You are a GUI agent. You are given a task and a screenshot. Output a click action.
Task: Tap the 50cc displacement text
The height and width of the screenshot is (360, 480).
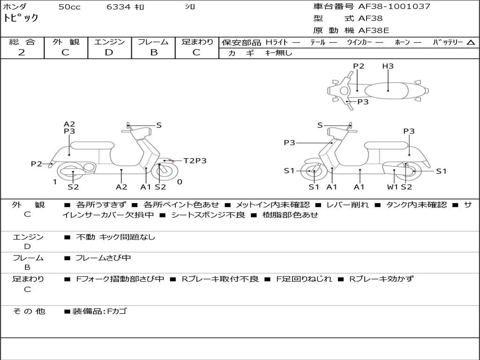(x=69, y=7)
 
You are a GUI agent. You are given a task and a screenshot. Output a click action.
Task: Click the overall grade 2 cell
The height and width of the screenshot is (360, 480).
(x=22, y=52)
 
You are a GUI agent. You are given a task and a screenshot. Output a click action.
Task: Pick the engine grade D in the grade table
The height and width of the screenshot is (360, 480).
(x=109, y=52)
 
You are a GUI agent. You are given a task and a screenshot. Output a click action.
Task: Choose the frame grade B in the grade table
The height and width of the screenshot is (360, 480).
(x=153, y=52)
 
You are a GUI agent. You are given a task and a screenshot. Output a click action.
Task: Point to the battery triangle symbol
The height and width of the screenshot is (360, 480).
(x=471, y=43)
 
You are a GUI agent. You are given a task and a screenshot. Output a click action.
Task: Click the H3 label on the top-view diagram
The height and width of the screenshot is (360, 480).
(x=388, y=66)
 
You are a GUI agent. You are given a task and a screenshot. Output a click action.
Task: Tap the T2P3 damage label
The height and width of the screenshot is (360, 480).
(x=195, y=161)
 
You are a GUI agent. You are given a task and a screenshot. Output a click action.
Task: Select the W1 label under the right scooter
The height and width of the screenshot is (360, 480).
(x=392, y=187)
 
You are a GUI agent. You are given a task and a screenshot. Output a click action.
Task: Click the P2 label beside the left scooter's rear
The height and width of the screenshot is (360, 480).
(x=37, y=164)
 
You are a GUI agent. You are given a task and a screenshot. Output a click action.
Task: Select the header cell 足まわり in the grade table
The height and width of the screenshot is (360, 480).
(x=197, y=42)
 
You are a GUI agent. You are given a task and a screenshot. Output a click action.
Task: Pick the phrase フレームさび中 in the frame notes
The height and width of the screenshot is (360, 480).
(x=103, y=258)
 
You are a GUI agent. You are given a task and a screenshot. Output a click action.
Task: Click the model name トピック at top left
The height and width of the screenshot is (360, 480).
(x=21, y=18)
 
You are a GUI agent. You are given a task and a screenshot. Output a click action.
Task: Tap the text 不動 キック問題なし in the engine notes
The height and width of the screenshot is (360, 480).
(x=115, y=237)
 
